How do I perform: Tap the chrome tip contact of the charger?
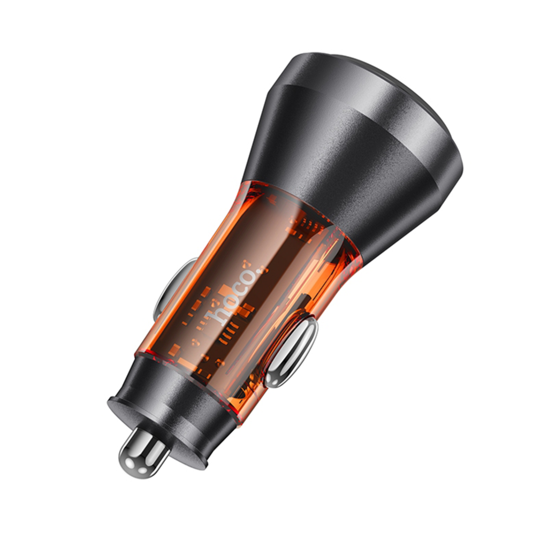click(x=143, y=453)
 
